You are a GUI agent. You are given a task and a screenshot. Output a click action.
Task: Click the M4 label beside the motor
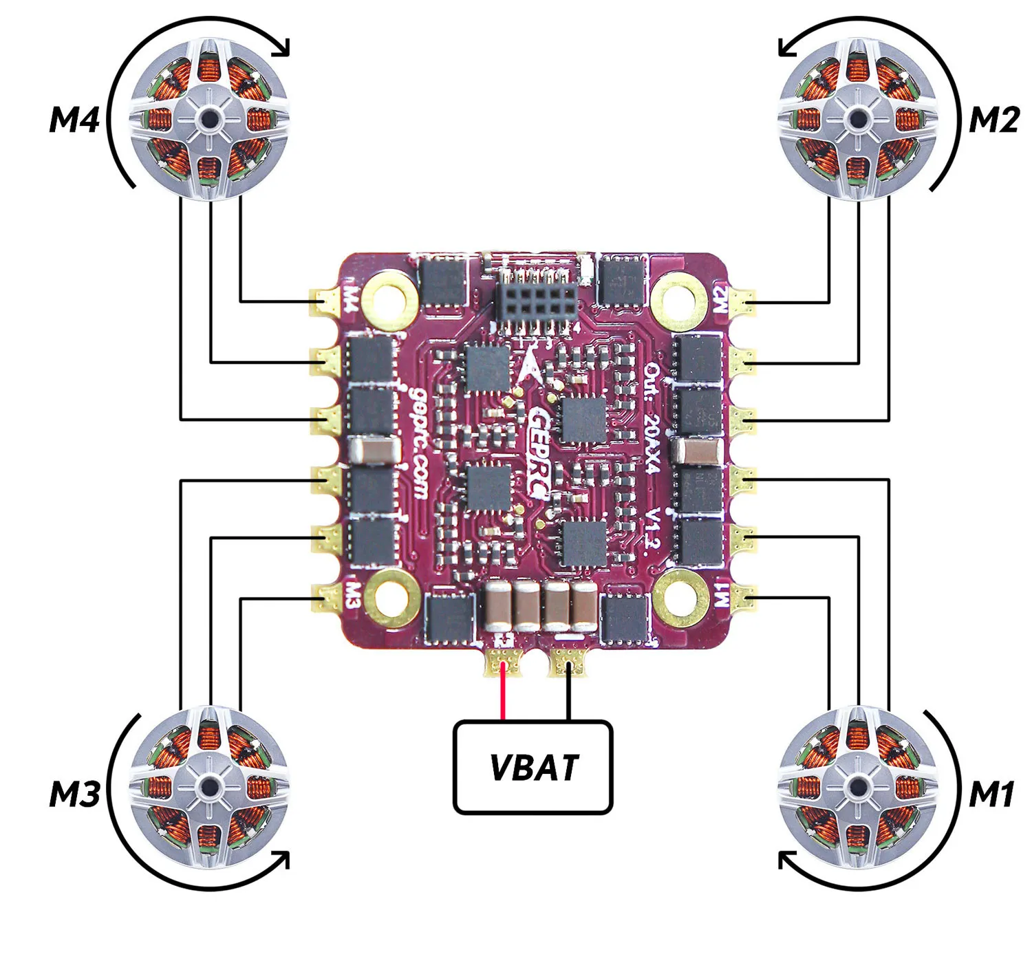coord(74,120)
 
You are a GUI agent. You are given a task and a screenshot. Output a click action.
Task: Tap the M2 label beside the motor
coord(993,120)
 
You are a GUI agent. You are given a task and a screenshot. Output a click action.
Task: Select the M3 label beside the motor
coord(74,794)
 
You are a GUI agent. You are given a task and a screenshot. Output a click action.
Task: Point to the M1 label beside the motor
coord(991,794)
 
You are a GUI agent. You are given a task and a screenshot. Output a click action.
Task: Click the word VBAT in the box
coord(534,767)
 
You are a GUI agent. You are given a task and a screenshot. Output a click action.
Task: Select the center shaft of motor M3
coord(209,788)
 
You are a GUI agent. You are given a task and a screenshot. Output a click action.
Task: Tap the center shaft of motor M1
coord(858,788)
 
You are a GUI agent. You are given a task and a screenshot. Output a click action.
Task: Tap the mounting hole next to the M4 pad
coord(390,301)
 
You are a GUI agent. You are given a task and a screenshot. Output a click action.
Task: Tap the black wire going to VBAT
coord(569,693)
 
